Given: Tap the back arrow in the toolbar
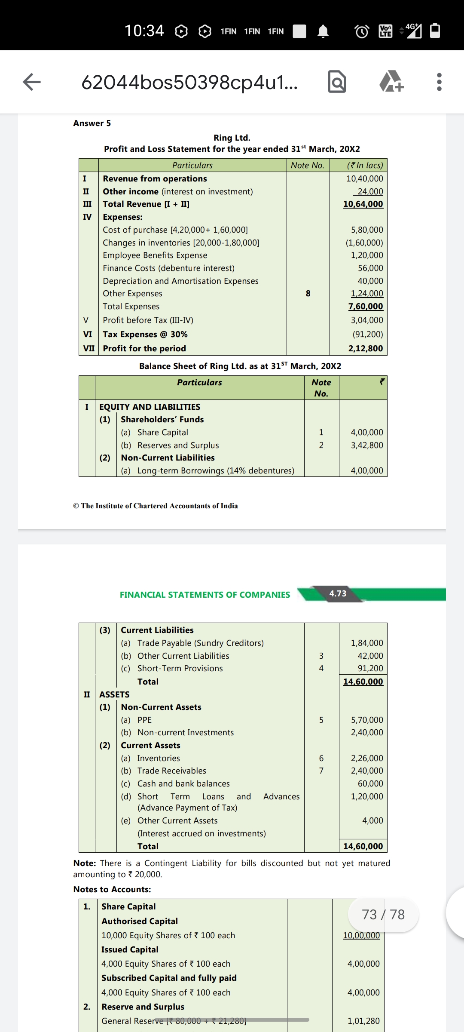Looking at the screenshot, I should point(32,82).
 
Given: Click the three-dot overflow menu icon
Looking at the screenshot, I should point(439,82).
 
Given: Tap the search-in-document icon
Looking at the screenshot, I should point(337,82).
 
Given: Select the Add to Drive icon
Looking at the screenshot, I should point(391,82).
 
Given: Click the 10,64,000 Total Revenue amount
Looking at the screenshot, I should point(363,204).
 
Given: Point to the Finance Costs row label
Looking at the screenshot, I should point(168,268).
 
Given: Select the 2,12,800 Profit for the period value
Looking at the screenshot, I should point(365,349).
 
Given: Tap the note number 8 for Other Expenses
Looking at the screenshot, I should point(308,294).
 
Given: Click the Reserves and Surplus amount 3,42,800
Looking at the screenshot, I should point(367,445).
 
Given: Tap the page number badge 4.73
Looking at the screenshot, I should point(338,593).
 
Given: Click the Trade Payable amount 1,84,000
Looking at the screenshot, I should point(367,643).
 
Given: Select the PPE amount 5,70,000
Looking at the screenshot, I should point(367,720).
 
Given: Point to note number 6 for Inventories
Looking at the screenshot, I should point(321,759).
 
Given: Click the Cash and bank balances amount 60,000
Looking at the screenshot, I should point(370,784).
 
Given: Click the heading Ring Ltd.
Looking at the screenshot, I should point(232,138).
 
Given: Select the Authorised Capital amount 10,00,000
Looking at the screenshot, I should point(361,936).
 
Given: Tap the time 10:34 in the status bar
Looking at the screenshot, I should point(144,31).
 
